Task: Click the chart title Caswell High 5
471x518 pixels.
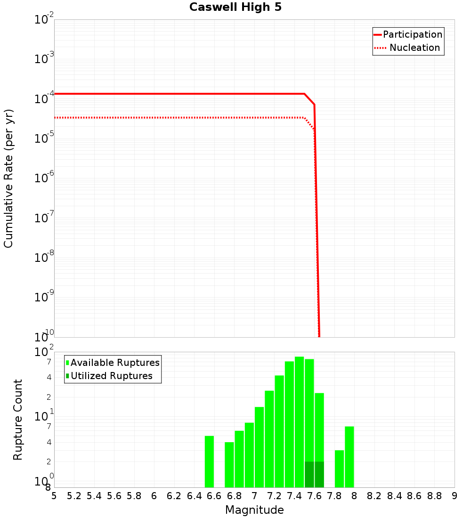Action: point(235,8)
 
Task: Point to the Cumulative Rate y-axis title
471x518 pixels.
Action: point(8,178)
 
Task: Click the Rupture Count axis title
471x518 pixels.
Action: point(18,419)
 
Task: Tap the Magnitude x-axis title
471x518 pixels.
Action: point(254,510)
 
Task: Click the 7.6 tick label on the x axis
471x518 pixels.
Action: point(314,496)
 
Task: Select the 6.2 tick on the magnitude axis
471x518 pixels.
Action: point(174,496)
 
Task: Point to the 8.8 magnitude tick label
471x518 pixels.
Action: point(434,496)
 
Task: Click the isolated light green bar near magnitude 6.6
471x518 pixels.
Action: point(209,461)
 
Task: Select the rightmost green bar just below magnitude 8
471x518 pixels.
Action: point(349,457)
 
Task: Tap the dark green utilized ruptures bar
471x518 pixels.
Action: point(314,474)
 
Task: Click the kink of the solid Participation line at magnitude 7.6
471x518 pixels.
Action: point(314,105)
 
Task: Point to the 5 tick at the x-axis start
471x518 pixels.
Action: point(54,496)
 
